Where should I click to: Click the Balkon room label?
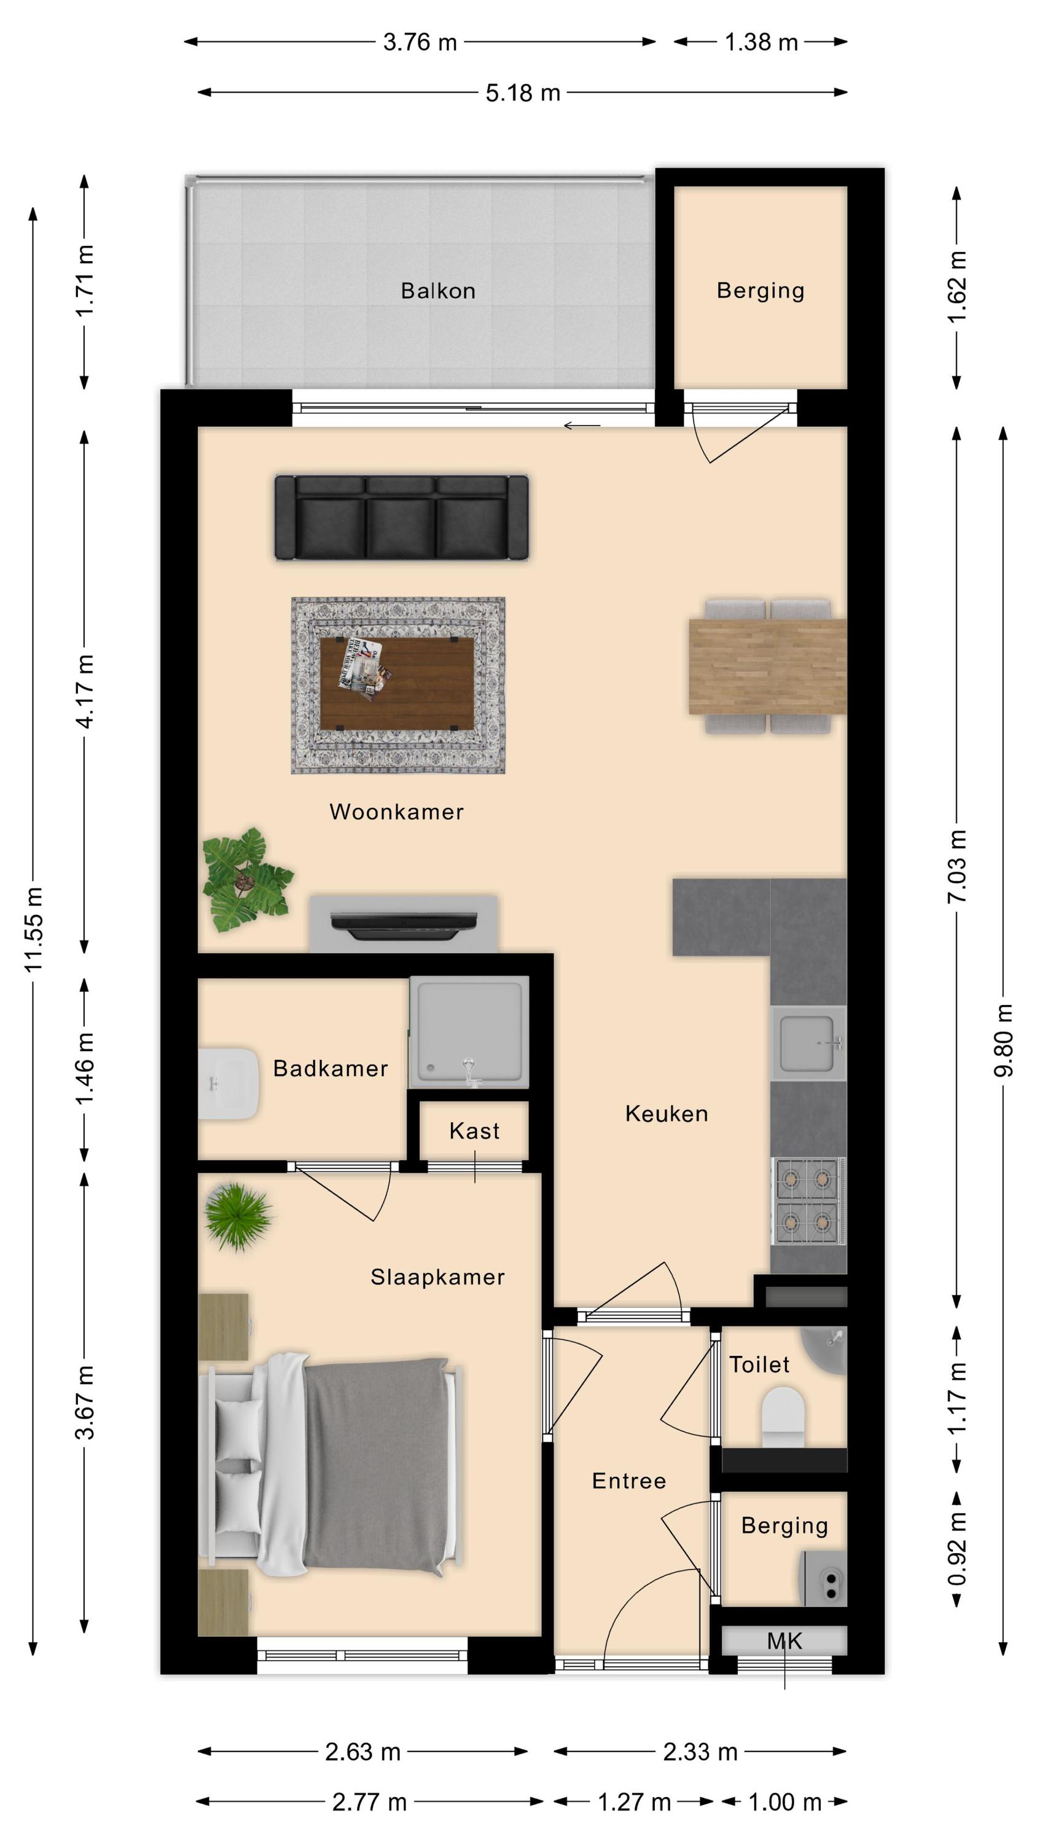click(x=438, y=291)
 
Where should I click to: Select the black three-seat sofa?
click(x=402, y=517)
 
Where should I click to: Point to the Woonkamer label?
click(x=396, y=812)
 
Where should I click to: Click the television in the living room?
click(x=404, y=925)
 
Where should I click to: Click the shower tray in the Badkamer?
click(x=469, y=1031)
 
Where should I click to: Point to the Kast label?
click(x=474, y=1130)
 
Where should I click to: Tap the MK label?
click(x=785, y=1641)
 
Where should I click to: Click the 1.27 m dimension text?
click(x=634, y=1802)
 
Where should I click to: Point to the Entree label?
click(x=629, y=1481)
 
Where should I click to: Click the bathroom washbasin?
click(x=227, y=1083)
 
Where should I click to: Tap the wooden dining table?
click(x=767, y=667)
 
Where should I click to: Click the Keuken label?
click(x=667, y=1113)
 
